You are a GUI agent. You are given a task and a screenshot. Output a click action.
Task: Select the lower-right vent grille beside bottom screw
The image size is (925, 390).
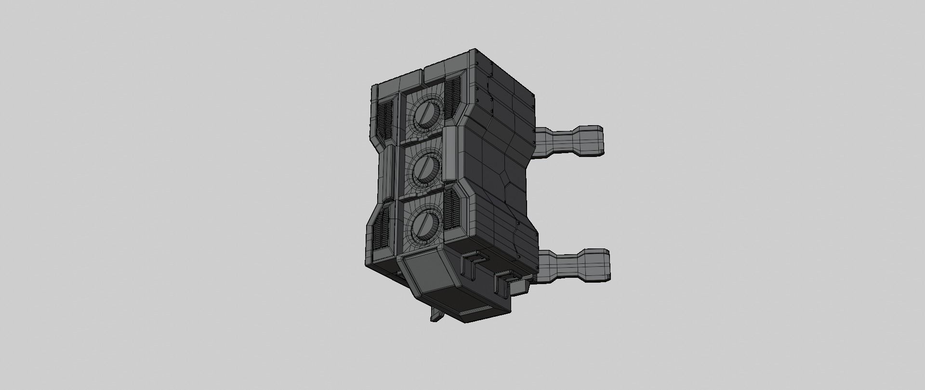point(452,208)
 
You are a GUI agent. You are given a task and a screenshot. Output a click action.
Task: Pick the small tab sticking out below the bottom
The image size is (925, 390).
point(437,315)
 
